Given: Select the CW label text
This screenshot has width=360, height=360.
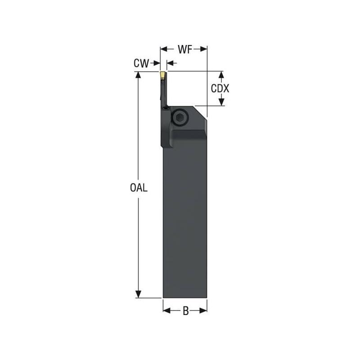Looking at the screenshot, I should (141, 64).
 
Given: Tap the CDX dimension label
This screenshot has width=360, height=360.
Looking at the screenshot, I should (220, 89).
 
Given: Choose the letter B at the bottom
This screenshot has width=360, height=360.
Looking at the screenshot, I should (185, 310).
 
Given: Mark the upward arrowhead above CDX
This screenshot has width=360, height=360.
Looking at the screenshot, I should (221, 74).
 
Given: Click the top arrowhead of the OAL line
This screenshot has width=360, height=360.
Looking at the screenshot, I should (138, 75).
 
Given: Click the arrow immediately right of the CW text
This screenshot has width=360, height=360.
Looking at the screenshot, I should (157, 63).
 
